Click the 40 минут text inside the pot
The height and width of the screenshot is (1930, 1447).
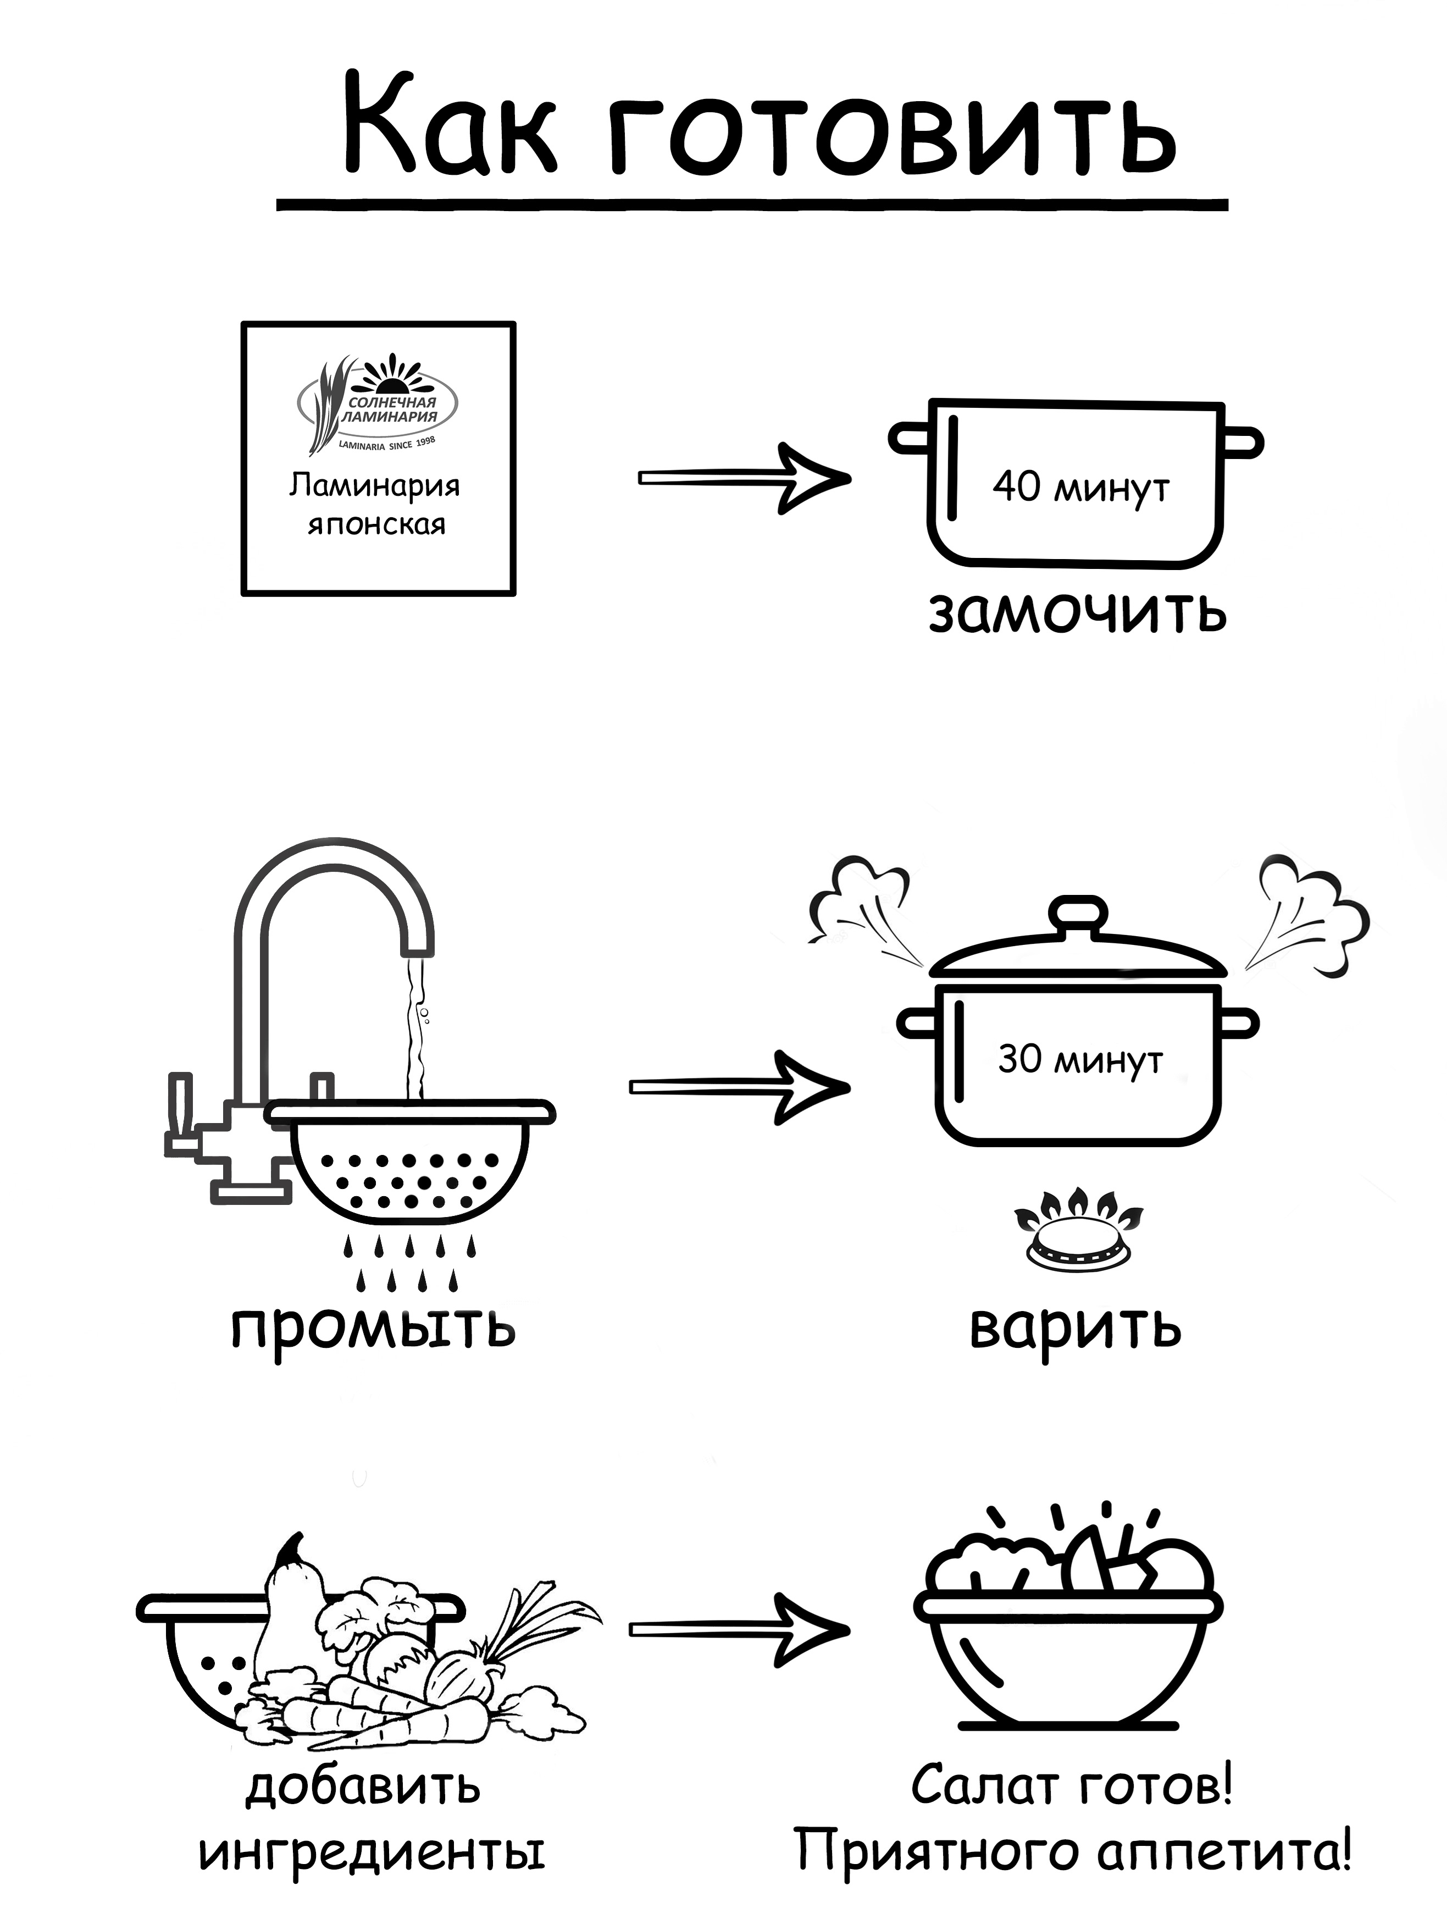1080,486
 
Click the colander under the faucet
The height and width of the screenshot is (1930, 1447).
410,1160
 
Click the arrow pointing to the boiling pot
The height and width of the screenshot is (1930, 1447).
740,1086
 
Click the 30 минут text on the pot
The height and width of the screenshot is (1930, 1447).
1080,1060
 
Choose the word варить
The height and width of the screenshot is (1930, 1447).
1075,1326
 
